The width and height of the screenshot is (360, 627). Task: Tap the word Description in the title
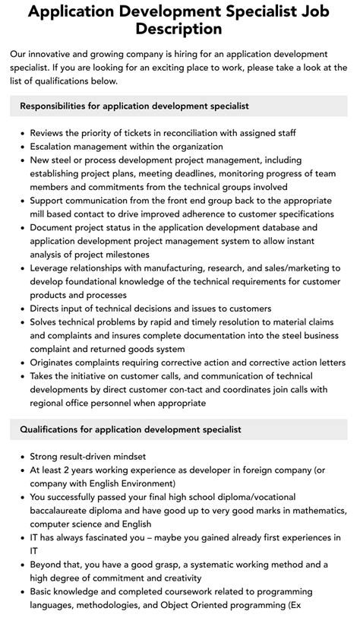point(180,29)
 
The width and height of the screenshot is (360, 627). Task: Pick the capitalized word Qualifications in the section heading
point(53,429)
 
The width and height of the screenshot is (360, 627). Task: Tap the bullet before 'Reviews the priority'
point(21,133)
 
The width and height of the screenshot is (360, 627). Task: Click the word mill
point(40,214)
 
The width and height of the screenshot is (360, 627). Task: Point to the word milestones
point(123,255)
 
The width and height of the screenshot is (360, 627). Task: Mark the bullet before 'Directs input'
point(21,309)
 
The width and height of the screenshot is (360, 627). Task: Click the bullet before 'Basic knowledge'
point(21,592)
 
